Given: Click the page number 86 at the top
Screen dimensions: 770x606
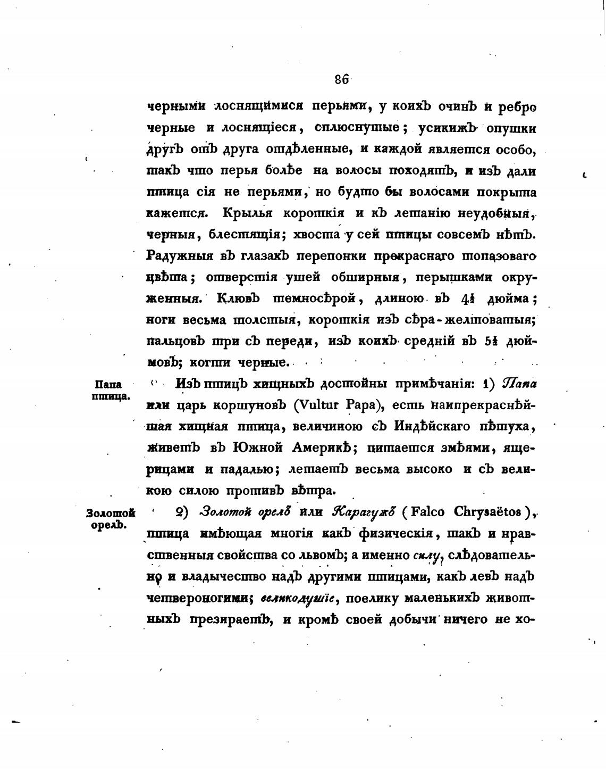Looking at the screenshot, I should click(x=341, y=79).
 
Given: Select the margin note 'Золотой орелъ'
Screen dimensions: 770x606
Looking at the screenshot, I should click(x=110, y=518).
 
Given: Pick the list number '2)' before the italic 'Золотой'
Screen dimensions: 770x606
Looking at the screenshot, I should click(x=182, y=512).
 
